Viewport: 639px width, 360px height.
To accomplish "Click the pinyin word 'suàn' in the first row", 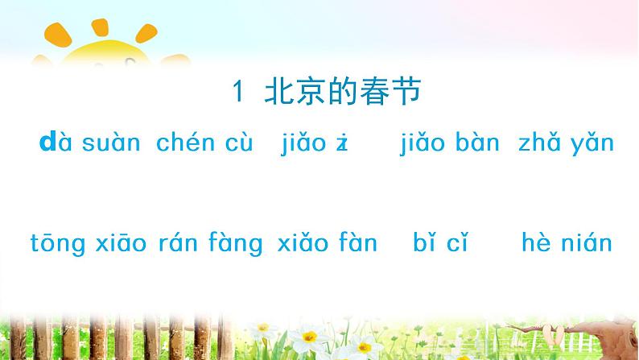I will (111, 144).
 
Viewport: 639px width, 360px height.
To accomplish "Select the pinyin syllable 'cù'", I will (239, 144).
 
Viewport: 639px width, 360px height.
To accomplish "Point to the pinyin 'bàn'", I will (477, 144).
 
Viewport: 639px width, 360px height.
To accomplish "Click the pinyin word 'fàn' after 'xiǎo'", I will (355, 242).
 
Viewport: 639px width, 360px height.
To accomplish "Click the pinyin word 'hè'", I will (537, 242).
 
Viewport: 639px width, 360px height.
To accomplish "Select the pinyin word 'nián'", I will (587, 242).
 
